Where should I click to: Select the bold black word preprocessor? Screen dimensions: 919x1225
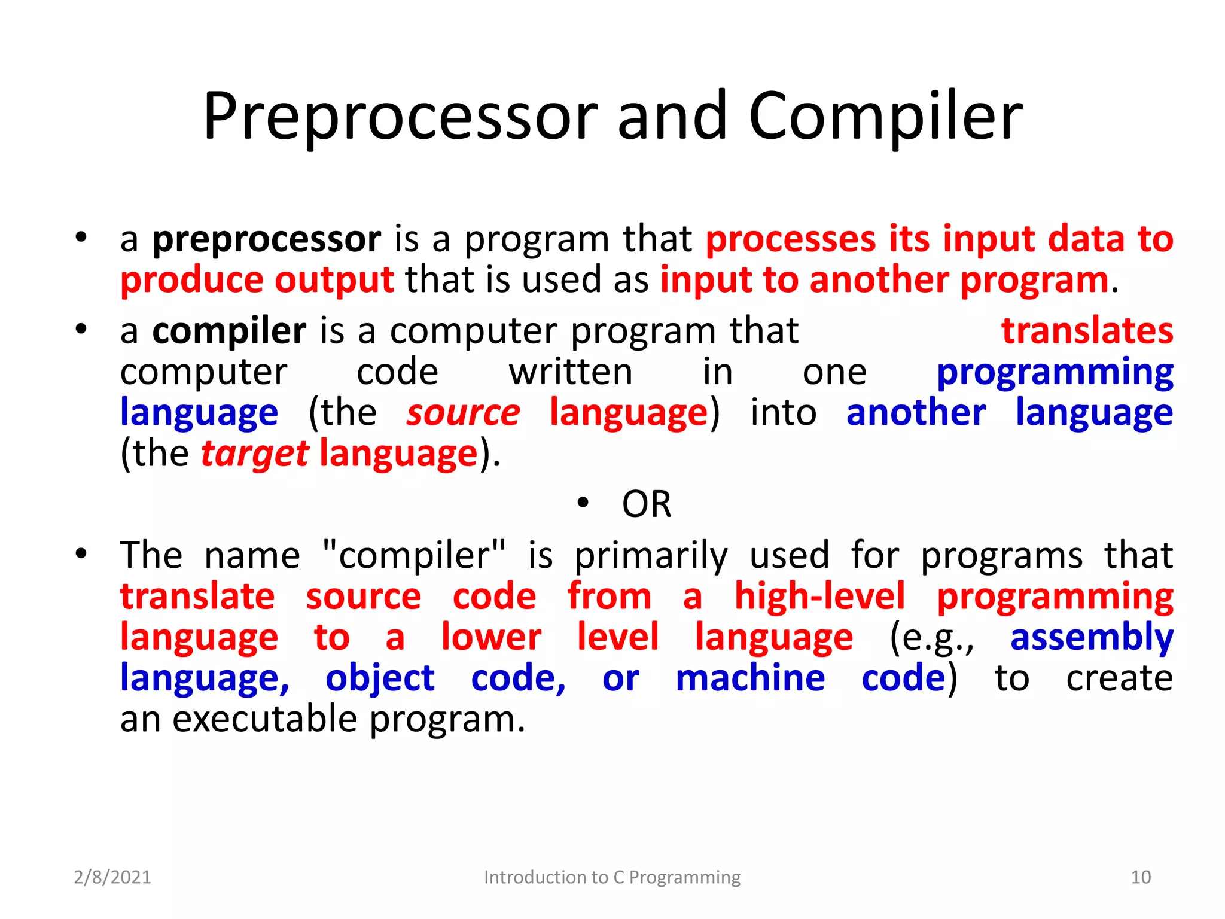pyautogui.click(x=266, y=239)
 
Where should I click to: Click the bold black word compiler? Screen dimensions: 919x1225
pyautogui.click(x=229, y=331)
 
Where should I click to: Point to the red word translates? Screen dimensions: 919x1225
pyautogui.click(x=1087, y=331)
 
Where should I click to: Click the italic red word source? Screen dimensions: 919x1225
pyautogui.click(x=463, y=413)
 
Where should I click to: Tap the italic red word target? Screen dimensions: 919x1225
pyautogui.click(x=255, y=454)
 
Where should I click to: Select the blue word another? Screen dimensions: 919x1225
pyautogui.click(x=916, y=413)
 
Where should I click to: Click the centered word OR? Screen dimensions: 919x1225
pyautogui.click(x=647, y=504)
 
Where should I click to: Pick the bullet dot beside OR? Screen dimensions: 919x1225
pyautogui.click(x=584, y=503)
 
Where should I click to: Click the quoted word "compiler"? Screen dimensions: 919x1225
pyautogui.click(x=413, y=555)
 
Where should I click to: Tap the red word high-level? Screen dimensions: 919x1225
pyautogui.click(x=819, y=597)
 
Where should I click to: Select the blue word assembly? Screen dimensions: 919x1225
pyautogui.click(x=1092, y=637)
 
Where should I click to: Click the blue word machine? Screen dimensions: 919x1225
pyautogui.click(x=750, y=678)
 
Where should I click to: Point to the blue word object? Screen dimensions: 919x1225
pyautogui.click(x=380, y=679)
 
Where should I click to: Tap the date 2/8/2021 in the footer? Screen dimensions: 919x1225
pyautogui.click(x=112, y=877)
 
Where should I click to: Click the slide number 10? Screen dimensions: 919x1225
pyautogui.click(x=1141, y=877)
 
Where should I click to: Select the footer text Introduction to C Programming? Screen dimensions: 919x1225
pyautogui.click(x=612, y=877)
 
